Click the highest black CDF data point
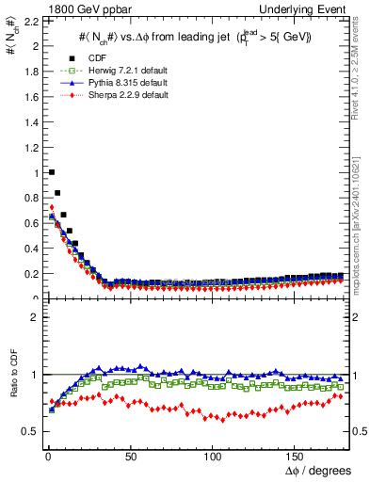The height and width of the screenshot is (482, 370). (51, 172)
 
